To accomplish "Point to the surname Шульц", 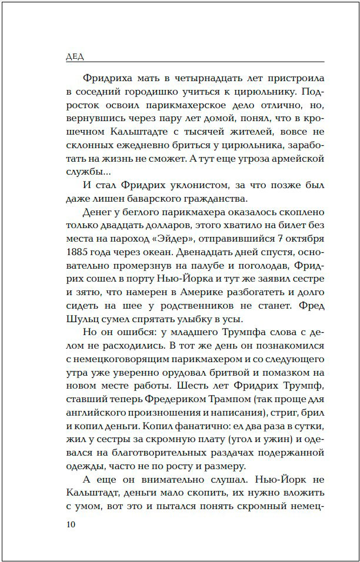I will coord(82,321).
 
